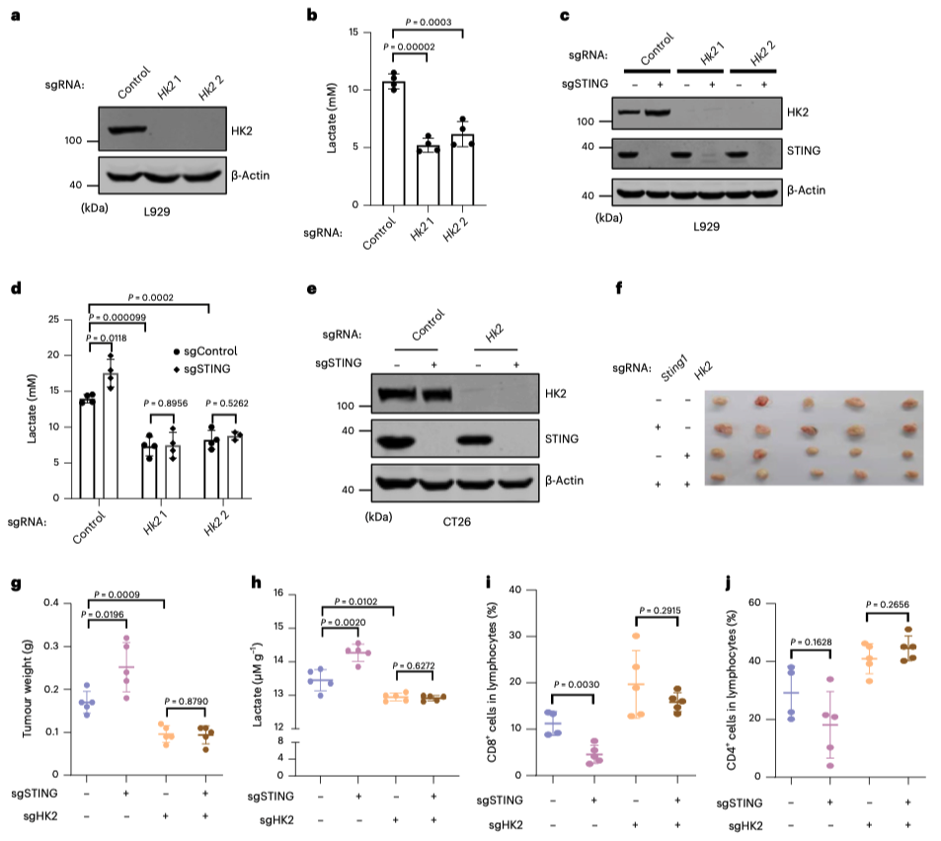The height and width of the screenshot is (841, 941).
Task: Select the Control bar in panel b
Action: [394, 143]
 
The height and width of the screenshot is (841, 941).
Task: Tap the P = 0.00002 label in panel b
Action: [410, 46]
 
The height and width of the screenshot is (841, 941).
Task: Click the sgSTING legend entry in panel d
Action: [201, 369]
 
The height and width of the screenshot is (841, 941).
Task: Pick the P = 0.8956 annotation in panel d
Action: [165, 403]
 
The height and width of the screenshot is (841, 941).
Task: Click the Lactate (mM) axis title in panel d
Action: [32, 409]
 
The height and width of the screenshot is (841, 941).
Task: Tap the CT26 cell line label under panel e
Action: [457, 522]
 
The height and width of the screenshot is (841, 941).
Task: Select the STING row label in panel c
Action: [804, 151]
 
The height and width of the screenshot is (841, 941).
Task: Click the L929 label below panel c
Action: [706, 227]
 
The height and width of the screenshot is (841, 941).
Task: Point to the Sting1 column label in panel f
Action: [673, 368]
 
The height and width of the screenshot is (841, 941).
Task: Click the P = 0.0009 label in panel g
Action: [118, 594]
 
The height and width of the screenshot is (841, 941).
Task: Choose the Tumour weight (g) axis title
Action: [27, 688]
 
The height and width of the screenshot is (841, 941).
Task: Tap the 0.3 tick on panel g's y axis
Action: [51, 646]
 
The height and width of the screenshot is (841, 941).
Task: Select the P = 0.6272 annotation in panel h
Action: [414, 666]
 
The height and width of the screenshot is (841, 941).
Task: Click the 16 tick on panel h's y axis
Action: [277, 593]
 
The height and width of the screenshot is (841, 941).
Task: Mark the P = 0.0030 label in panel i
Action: [576, 684]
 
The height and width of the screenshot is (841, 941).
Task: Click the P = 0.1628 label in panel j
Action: [811, 642]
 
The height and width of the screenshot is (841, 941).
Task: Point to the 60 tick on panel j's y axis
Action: [754, 603]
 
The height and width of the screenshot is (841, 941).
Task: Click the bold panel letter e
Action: [311, 289]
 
